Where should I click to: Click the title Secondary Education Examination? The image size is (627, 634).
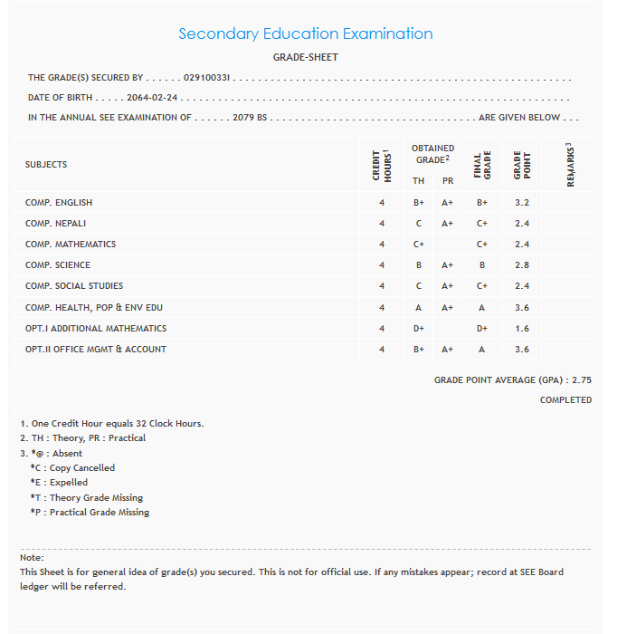coord(305,34)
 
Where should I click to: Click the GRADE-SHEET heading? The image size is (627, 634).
coord(306,57)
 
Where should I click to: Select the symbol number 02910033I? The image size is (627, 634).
coord(208,78)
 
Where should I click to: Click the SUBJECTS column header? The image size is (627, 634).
coord(46,165)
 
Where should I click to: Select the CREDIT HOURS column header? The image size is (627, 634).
coord(382,165)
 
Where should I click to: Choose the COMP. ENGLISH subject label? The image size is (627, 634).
coord(59,203)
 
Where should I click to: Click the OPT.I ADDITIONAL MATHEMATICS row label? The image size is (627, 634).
coord(96,329)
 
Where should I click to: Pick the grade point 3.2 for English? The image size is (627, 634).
coord(522,203)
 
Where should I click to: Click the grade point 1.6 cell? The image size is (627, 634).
coord(522,329)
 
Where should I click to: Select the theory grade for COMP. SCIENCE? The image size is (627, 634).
coord(419,265)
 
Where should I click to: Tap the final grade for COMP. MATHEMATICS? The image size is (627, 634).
coord(482,245)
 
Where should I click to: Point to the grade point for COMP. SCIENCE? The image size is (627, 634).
coord(522,265)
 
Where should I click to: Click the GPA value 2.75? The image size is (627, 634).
coord(582,381)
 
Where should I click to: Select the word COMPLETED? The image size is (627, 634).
coord(565,399)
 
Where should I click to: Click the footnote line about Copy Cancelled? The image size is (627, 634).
coord(72,468)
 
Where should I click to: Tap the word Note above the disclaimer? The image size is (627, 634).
coord(32,558)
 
